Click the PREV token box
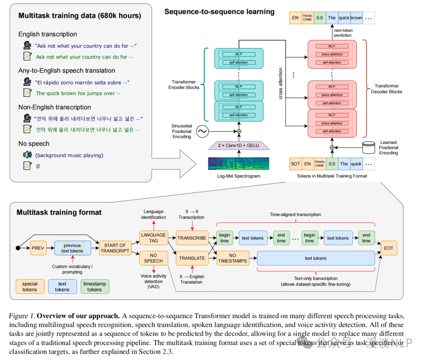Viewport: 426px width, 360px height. [x=38, y=248]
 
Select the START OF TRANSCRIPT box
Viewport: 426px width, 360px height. [x=115, y=248]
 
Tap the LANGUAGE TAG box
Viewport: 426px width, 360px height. [x=153, y=238]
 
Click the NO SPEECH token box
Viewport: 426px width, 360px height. [x=153, y=258]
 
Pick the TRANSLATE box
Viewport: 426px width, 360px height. [x=192, y=258]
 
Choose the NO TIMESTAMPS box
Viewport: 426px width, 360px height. [x=232, y=258]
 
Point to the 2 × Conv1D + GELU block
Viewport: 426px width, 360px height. [x=239, y=145]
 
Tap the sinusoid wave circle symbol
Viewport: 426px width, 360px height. [x=202, y=132]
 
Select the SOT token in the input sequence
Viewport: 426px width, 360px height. [x=295, y=164]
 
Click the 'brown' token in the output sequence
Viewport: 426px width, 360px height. [x=356, y=18]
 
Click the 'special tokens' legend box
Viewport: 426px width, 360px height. [x=30, y=287]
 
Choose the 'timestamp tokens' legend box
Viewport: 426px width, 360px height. [x=95, y=287]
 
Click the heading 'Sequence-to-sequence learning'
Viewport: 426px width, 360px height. [x=219, y=12]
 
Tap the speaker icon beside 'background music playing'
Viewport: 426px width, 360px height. [x=27, y=155]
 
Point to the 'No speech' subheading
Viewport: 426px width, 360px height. [x=34, y=144]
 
